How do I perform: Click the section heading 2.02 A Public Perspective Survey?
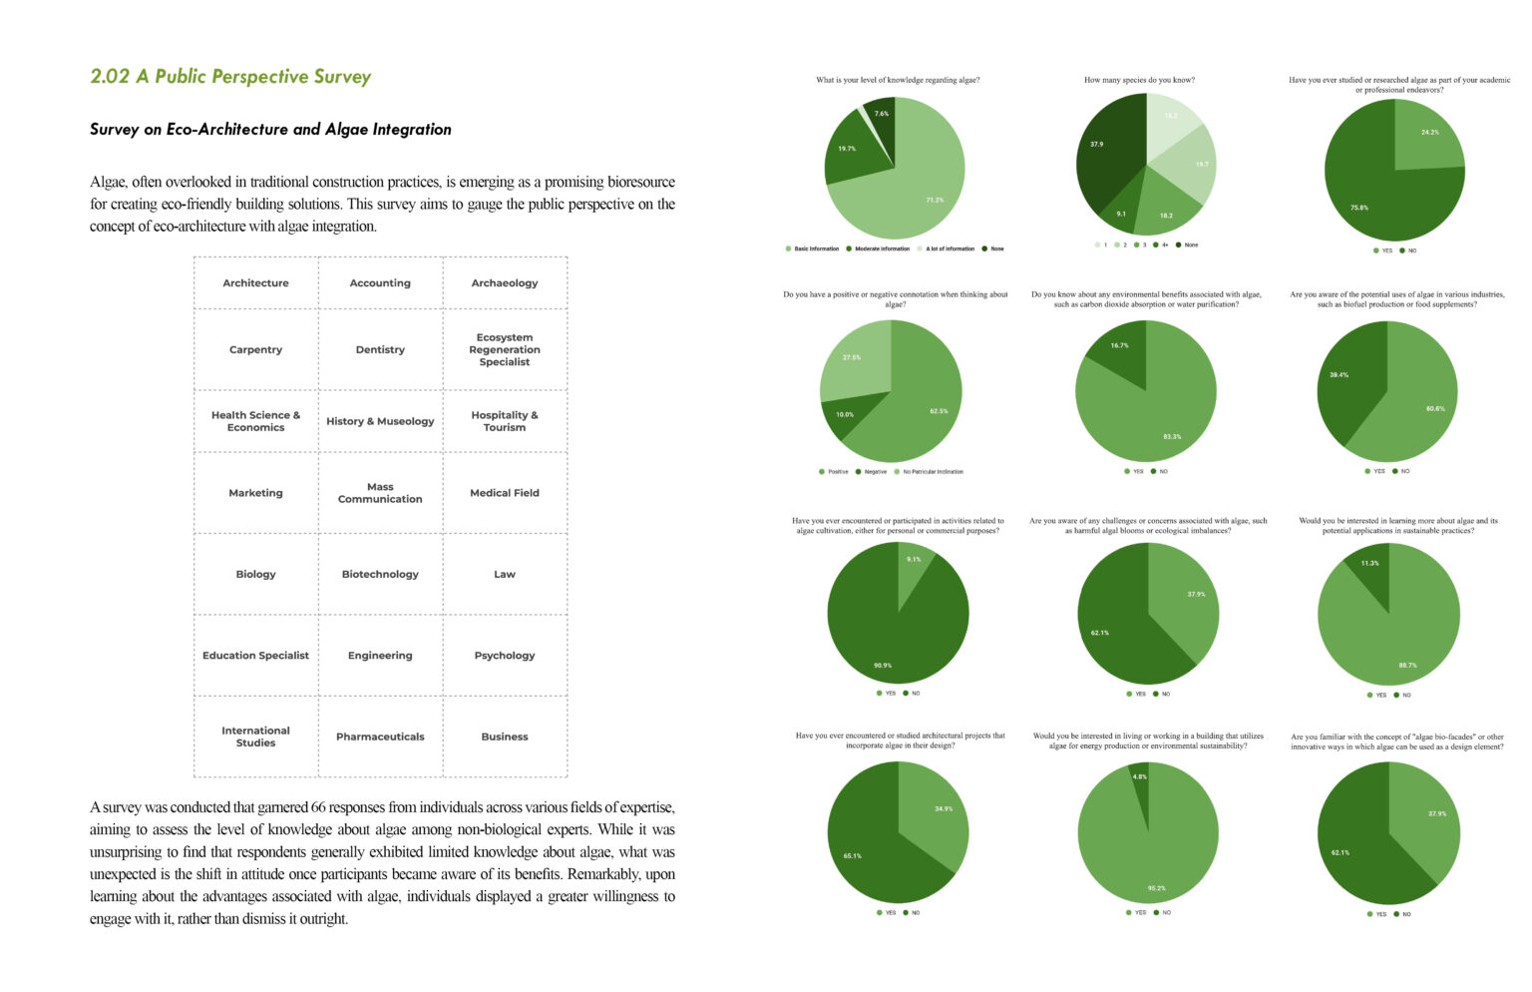point(230,77)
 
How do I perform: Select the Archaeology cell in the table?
point(505,283)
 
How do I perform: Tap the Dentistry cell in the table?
point(380,350)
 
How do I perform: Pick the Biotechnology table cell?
point(380,575)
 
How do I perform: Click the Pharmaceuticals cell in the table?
point(380,738)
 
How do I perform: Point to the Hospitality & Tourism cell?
point(505,421)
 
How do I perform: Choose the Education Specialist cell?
point(255,656)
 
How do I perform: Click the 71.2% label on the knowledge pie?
point(935,200)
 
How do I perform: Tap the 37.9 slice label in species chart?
point(1096,145)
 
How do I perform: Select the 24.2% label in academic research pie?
point(1430,132)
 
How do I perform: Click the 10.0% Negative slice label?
point(845,414)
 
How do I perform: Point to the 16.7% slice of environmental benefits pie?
point(1119,345)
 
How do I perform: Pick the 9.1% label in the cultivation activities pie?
point(914,560)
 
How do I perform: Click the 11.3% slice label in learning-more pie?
point(1370,563)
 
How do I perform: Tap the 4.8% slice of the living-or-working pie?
point(1139,776)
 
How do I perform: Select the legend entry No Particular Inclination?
point(933,472)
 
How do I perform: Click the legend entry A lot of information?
point(950,248)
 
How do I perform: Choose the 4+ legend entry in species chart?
point(1164,245)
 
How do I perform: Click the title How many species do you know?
point(1139,80)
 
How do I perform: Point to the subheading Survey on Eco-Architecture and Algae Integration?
point(270,130)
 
